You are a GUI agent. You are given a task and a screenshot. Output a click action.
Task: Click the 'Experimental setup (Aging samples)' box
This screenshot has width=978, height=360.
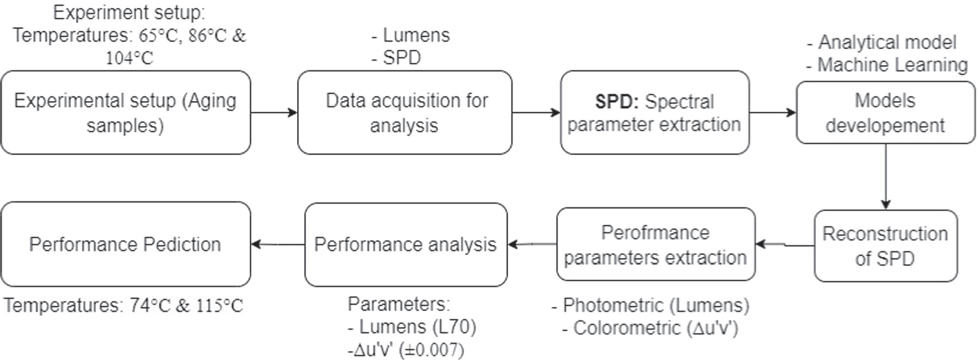coord(125,112)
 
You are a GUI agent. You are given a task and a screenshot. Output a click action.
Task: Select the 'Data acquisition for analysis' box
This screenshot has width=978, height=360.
coord(404,112)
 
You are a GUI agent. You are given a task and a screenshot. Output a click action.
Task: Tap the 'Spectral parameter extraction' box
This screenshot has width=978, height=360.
coord(654,112)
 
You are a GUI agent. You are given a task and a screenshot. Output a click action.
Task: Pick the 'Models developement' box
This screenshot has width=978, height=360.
coord(885,112)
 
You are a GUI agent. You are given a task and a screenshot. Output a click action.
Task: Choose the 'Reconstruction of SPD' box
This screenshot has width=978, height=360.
coord(885,246)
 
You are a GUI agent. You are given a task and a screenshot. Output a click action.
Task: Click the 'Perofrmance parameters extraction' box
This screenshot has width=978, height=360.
coord(655,245)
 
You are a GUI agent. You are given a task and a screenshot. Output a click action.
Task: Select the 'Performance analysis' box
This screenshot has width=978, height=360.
coord(405,245)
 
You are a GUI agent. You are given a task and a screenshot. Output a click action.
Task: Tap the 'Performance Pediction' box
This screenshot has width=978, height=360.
coord(125,244)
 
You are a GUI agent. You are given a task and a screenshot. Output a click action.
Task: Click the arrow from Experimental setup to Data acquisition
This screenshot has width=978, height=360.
coord(274,112)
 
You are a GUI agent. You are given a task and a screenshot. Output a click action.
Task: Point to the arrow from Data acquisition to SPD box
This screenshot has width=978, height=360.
coord(535,112)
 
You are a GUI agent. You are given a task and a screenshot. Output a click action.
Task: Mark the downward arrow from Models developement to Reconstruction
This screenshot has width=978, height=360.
coord(885,176)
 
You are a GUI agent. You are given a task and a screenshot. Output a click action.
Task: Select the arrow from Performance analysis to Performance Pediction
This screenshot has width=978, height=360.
coord(278,244)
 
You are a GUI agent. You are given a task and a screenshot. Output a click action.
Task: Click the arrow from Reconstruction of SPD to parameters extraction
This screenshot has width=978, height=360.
coord(785,245)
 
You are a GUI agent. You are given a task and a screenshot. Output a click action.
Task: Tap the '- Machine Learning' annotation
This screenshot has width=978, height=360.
coord(887,65)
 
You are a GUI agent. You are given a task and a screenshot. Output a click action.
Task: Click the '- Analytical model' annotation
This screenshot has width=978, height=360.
coord(882,42)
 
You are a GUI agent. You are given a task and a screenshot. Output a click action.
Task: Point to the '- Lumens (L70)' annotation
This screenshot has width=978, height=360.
coord(412,327)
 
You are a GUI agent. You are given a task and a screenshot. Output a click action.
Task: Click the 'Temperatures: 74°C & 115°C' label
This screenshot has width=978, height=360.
coord(123,306)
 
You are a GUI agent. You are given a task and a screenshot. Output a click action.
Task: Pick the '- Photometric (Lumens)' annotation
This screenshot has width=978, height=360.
coord(650,306)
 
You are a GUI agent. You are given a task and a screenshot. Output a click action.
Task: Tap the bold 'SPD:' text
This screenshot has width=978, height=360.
coord(616,102)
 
